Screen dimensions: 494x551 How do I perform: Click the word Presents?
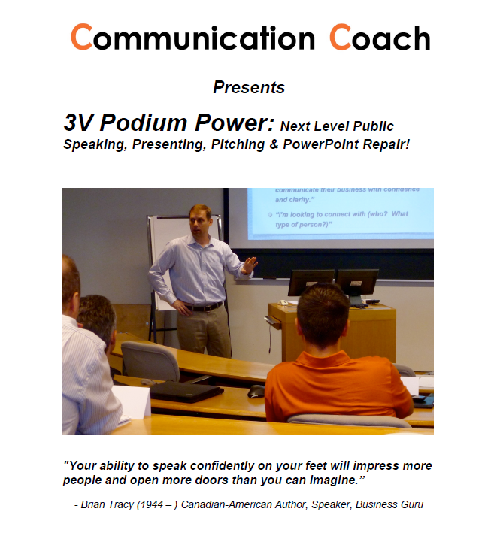click(x=249, y=87)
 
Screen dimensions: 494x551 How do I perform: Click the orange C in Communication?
click(x=81, y=37)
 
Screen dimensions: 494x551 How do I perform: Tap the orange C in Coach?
click(x=340, y=37)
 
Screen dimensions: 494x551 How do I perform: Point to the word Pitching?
click(x=238, y=145)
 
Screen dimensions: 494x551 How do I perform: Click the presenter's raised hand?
click(x=250, y=265)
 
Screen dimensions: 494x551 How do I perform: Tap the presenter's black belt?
click(x=203, y=307)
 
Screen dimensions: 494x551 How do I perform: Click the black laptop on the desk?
click(x=186, y=391)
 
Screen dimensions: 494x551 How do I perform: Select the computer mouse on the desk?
click(x=256, y=391)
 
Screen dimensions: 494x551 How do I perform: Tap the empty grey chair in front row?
click(x=150, y=362)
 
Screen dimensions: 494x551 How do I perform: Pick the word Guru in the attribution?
click(x=412, y=504)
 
